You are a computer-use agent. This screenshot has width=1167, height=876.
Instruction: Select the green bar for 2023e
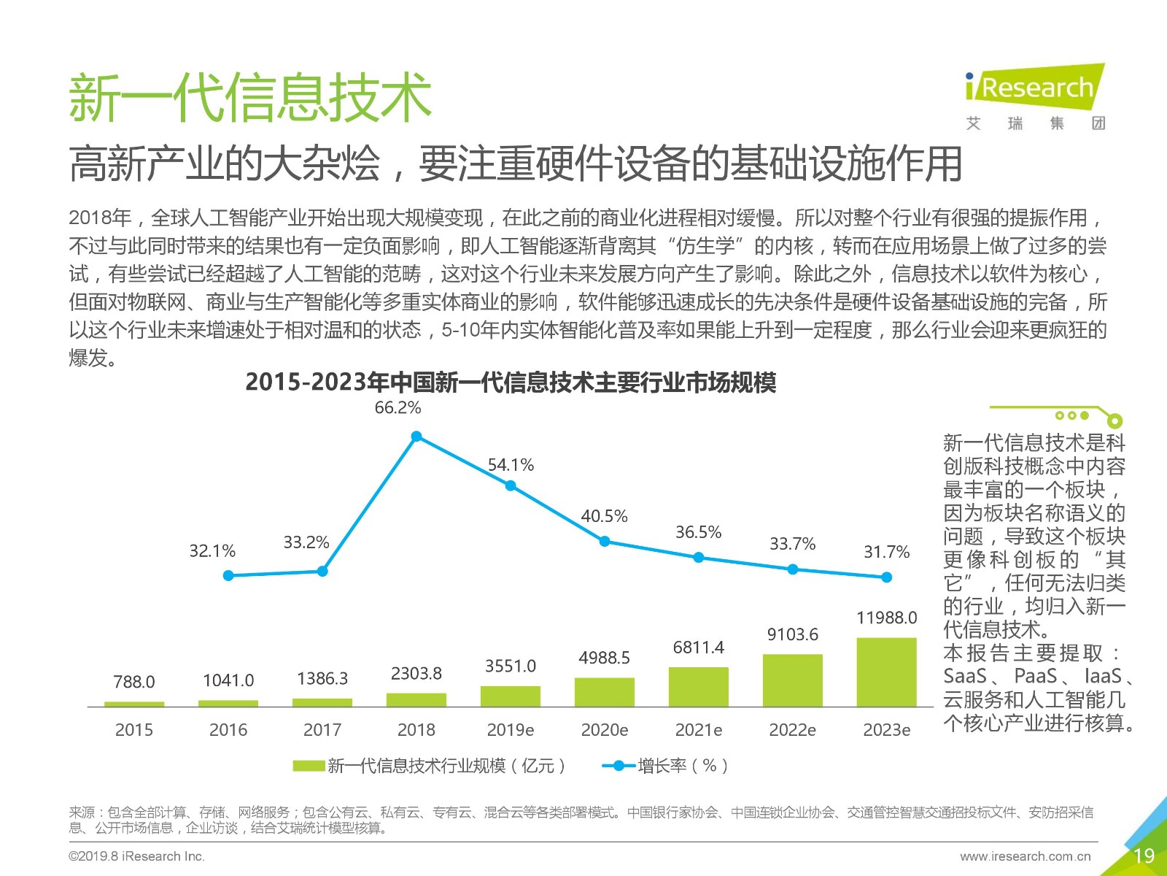point(886,672)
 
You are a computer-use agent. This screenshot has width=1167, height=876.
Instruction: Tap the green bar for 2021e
point(698,687)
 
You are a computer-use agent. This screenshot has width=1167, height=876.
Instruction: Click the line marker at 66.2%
point(416,437)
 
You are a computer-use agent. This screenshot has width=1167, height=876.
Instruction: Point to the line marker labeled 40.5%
point(605,542)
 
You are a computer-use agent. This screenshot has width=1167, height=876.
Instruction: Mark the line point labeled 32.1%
point(228,575)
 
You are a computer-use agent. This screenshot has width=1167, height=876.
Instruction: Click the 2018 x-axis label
point(416,729)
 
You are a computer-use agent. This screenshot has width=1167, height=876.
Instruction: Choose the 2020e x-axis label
point(604,729)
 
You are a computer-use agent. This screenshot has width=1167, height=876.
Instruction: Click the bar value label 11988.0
point(886,618)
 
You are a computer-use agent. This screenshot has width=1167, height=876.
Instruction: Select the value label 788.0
point(134,681)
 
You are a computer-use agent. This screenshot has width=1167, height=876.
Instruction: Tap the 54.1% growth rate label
point(511,465)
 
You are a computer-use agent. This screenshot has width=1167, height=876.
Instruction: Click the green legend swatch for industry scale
point(308,766)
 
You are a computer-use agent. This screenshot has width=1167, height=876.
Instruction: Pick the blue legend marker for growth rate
point(619,766)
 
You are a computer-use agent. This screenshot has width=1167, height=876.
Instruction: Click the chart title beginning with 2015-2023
point(511,382)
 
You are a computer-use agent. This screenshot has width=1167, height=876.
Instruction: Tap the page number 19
point(1144,856)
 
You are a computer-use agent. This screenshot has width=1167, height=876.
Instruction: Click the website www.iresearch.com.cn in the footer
point(1026,856)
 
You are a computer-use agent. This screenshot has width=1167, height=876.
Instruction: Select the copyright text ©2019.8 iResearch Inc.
point(136,856)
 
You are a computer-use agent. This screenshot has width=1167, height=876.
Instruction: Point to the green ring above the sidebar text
point(1114,420)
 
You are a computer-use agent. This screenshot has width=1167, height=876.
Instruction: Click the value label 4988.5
point(604,658)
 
